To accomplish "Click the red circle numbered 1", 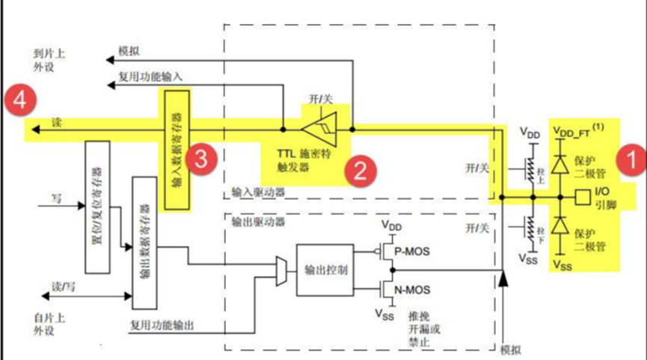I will tap(626, 159).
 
